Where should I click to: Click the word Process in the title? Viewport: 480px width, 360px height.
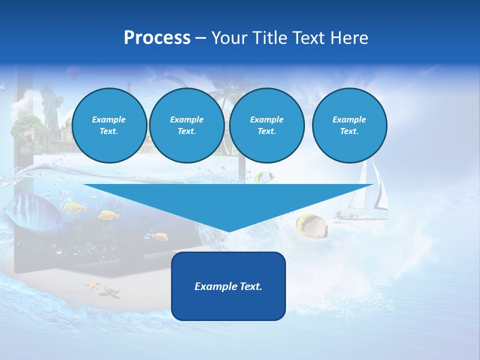point(157,38)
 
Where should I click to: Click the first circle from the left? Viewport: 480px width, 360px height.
point(109,125)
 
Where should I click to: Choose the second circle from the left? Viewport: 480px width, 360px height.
point(186,125)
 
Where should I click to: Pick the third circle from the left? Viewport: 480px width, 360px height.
point(266,125)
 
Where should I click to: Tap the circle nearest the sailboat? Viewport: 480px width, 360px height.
point(349,125)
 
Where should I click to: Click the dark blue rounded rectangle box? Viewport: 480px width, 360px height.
point(228,286)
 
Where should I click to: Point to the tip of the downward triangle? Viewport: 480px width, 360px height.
point(228,230)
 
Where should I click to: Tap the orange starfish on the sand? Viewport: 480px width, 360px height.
point(92,285)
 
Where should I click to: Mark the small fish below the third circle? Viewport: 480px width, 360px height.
point(263,176)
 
